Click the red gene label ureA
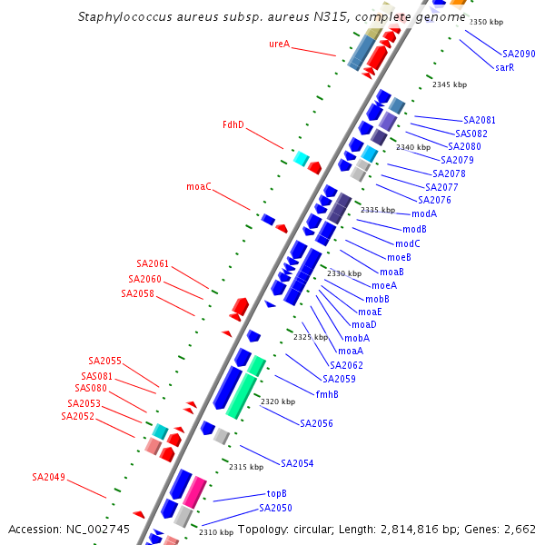pyautogui.click(x=279, y=44)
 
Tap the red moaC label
pyautogui.click(x=199, y=186)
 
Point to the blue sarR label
pyautogui.click(x=505, y=67)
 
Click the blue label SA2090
pyautogui.click(x=519, y=54)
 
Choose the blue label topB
pyautogui.click(x=277, y=494)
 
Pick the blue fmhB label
pyautogui.click(x=327, y=394)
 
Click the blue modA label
pyautogui.click(x=424, y=213)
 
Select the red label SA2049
pyautogui.click(x=48, y=477)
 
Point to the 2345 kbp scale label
pyautogui.click(x=450, y=84)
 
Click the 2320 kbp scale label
pyautogui.click(x=278, y=401)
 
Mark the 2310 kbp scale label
pyautogui.click(x=216, y=532)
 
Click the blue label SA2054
pyautogui.click(x=297, y=463)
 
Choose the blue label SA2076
pyautogui.click(x=434, y=200)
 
